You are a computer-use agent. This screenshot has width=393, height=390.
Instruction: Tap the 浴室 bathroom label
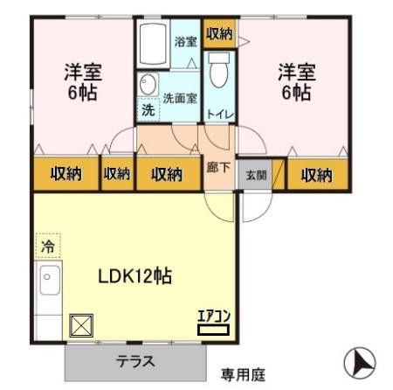tap(185, 40)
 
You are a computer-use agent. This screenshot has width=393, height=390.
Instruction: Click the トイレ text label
tap(218, 113)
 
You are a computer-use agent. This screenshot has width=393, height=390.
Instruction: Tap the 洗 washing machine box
tap(148, 111)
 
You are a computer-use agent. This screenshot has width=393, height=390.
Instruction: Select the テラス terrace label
tap(134, 361)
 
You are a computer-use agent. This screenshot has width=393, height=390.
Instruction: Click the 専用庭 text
tap(241, 374)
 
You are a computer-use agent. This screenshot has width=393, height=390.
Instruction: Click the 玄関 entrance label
tap(252, 174)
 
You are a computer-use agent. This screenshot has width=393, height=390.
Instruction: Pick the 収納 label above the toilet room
tap(219, 33)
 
